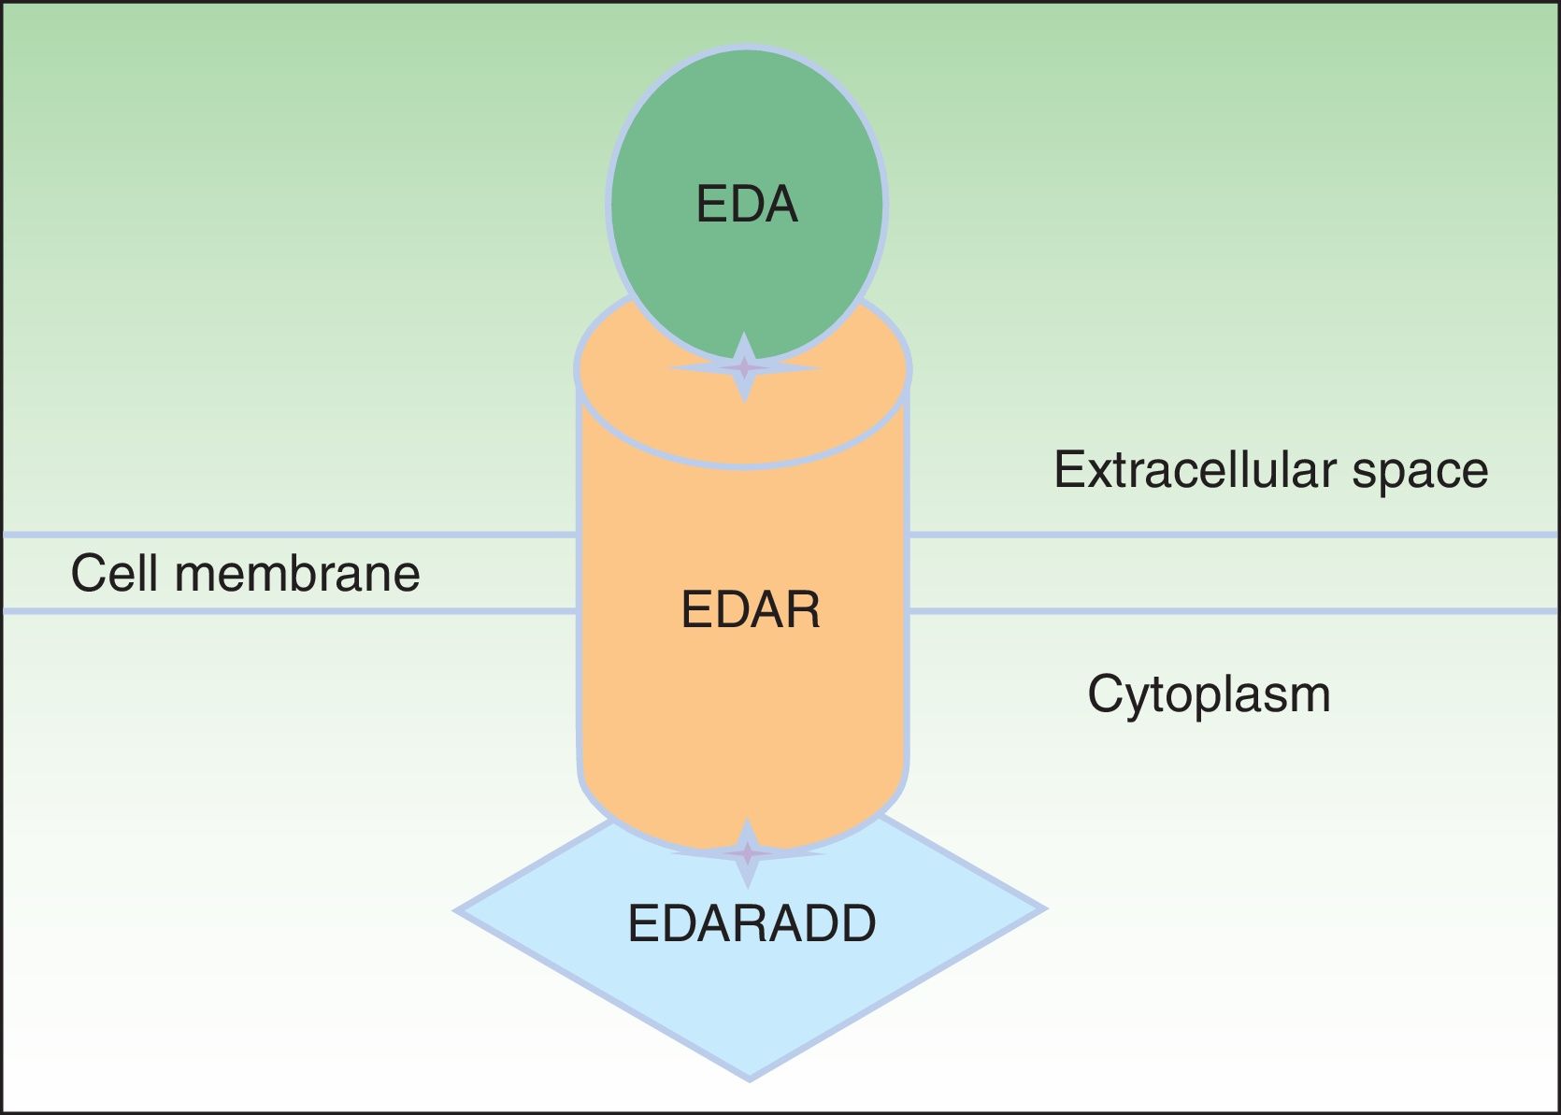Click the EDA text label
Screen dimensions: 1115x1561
point(747,204)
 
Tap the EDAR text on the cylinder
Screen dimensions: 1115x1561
point(751,610)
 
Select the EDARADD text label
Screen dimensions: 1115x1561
point(752,923)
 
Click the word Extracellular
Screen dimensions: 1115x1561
point(1196,469)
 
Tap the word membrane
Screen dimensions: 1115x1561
point(297,573)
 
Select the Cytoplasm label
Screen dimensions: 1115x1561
point(1209,694)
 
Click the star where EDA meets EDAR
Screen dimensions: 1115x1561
point(744,367)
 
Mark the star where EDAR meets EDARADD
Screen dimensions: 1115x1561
point(747,853)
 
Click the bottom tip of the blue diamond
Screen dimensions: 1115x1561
point(749,1078)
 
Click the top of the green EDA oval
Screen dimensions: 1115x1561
point(747,49)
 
